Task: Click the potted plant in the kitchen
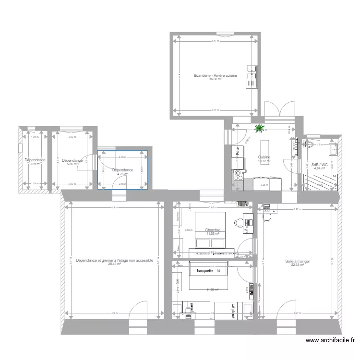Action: click(260, 128)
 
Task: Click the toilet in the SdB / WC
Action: click(309, 145)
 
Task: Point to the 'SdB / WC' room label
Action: click(320, 165)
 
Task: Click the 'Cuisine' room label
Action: click(264, 157)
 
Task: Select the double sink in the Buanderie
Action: click(252, 77)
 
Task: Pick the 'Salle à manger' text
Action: click(297, 261)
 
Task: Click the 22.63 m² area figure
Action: click(297, 265)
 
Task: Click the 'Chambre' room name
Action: click(213, 230)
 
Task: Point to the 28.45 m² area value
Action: click(114, 264)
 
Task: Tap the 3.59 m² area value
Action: click(35, 164)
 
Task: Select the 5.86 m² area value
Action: click(72, 164)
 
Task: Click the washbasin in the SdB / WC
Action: click(333, 149)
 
